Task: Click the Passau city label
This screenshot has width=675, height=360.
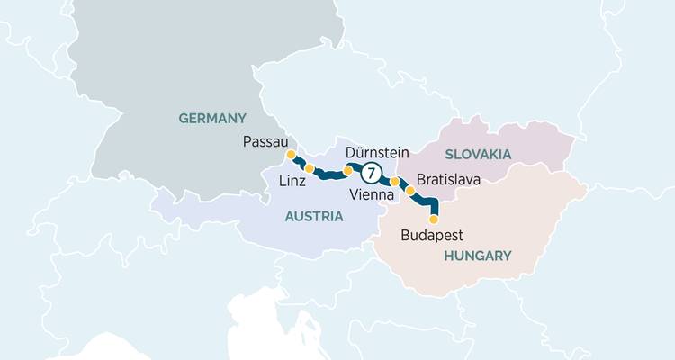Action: pos(265,141)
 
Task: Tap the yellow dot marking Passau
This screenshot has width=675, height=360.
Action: pos(291,155)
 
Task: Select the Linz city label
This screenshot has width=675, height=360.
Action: pos(292,181)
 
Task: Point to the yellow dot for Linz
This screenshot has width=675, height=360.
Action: pos(310,168)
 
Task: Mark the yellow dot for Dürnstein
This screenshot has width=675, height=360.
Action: pos(348,169)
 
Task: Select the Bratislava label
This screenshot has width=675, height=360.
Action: pos(449,180)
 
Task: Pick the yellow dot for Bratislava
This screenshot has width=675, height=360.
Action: pos(410,191)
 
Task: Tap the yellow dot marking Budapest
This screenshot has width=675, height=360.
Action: pos(434,219)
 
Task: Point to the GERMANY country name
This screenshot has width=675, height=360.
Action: pos(212,118)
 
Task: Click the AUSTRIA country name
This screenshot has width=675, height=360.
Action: pos(314,216)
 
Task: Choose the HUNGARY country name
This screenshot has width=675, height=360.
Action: pos(477,256)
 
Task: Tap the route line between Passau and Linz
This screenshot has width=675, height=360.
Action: pos(300,163)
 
